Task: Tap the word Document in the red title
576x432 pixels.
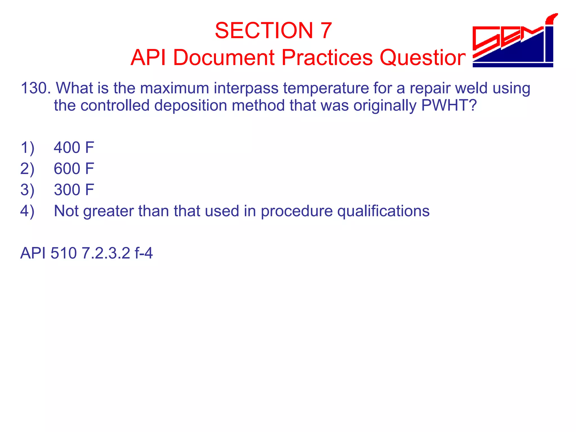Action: [x=224, y=58]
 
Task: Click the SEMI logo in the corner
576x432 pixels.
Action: [x=514, y=42]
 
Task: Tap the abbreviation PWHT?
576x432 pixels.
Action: [x=449, y=106]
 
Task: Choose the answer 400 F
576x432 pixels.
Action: [x=74, y=148]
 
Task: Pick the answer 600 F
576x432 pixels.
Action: [x=74, y=169]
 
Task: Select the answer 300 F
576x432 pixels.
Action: [x=74, y=190]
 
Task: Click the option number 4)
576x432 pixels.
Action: [x=27, y=211]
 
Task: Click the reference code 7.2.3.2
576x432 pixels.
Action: [x=106, y=253]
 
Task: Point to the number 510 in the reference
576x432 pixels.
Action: [x=64, y=253]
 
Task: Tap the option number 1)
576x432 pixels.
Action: [x=27, y=148]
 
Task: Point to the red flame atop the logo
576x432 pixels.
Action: [x=551, y=19]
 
